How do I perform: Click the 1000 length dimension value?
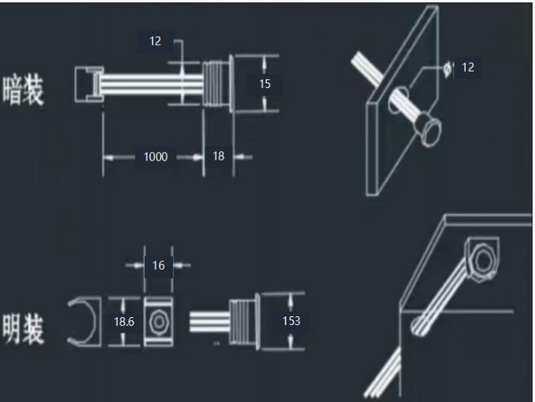click(x=156, y=157)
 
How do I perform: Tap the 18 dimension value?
click(x=219, y=157)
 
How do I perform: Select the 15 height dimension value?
click(x=265, y=84)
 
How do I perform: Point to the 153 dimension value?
click(x=291, y=321)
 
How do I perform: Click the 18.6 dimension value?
click(x=124, y=322)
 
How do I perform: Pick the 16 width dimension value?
click(x=158, y=265)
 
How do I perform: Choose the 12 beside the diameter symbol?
click(x=468, y=68)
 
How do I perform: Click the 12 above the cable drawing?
click(x=155, y=41)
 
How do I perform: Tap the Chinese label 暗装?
click(x=23, y=90)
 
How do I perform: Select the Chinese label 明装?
click(x=23, y=329)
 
